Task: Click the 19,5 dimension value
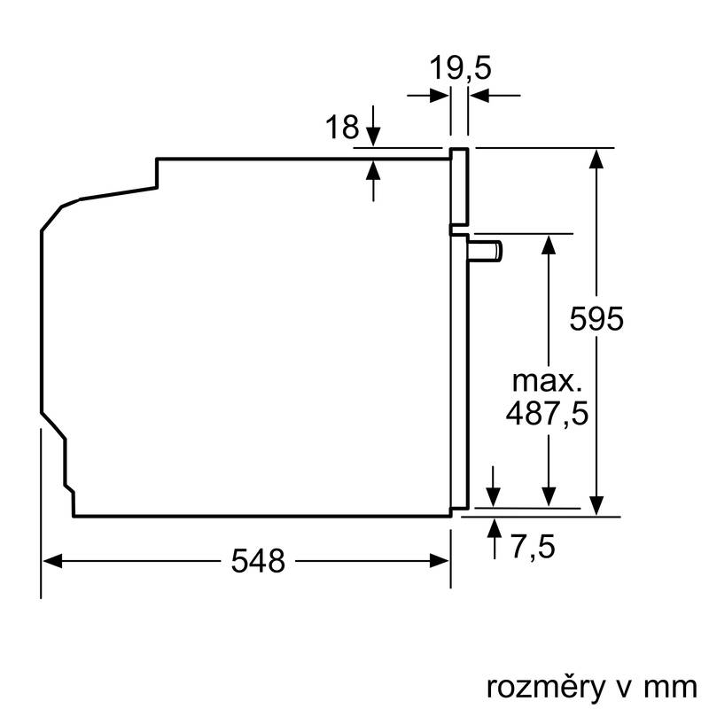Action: (x=460, y=68)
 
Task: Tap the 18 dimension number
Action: (x=341, y=128)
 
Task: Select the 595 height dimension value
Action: (x=597, y=318)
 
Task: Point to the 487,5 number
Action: (x=548, y=413)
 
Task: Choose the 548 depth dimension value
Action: (x=259, y=560)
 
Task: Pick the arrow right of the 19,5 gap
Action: (x=479, y=96)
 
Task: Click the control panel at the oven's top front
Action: (x=459, y=186)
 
